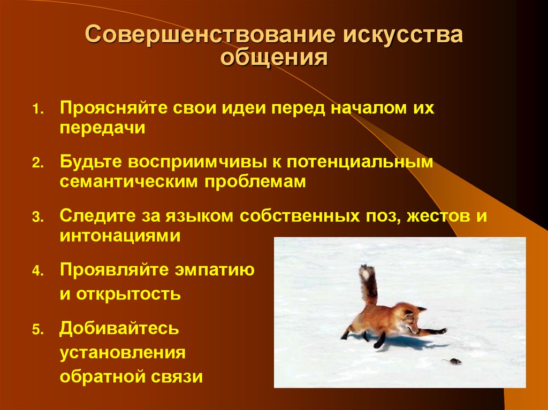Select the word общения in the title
(274, 57)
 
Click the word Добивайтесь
(119, 328)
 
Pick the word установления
(123, 352)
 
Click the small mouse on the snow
(453, 362)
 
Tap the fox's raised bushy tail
(367, 283)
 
